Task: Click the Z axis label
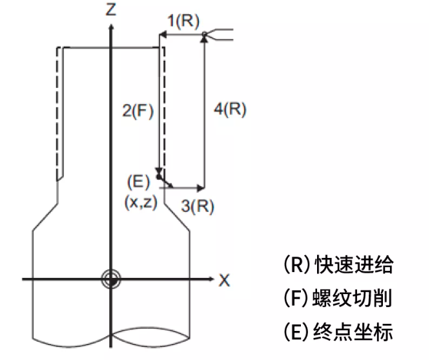click(112, 10)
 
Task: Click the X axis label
click(224, 280)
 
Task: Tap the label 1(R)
click(183, 20)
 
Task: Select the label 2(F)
click(137, 111)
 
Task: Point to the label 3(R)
click(198, 206)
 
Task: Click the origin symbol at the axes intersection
click(112, 279)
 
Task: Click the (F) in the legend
click(296, 299)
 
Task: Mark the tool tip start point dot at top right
click(204, 34)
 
